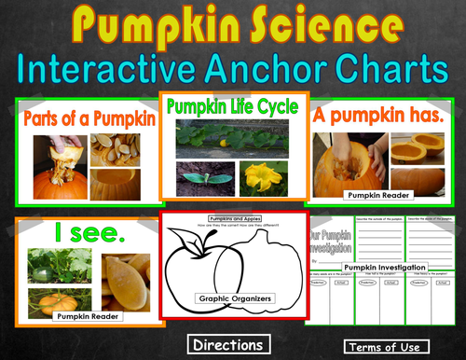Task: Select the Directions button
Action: tap(227, 344)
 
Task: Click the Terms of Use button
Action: tap(382, 346)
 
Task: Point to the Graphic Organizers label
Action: tap(232, 299)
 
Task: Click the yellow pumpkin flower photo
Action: tap(263, 179)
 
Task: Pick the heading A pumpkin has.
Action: tap(383, 116)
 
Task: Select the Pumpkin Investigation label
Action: tap(385, 268)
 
